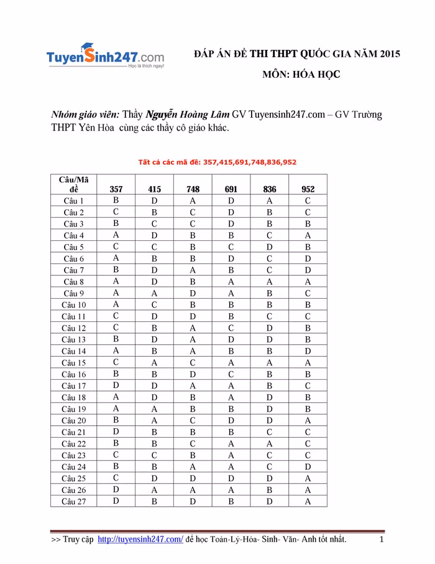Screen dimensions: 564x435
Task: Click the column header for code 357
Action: (116, 189)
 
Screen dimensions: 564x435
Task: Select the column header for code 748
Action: (193, 189)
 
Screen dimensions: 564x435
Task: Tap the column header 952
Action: (308, 189)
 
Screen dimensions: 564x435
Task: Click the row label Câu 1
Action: (73, 201)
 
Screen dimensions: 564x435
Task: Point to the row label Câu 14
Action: (73, 351)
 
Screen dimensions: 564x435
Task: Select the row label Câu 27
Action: (73, 501)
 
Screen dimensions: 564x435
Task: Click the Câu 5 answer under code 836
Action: (270, 247)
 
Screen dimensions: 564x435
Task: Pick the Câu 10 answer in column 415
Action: (154, 305)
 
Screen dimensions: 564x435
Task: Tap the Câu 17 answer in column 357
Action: (116, 385)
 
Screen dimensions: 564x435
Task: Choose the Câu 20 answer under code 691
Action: (231, 420)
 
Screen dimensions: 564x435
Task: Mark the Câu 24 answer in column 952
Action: (308, 466)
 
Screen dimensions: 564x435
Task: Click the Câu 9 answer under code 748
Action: (193, 293)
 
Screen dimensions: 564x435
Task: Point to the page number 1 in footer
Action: (382, 539)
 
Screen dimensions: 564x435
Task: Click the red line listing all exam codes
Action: (217, 162)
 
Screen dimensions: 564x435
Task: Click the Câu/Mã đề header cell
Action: (73, 184)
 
